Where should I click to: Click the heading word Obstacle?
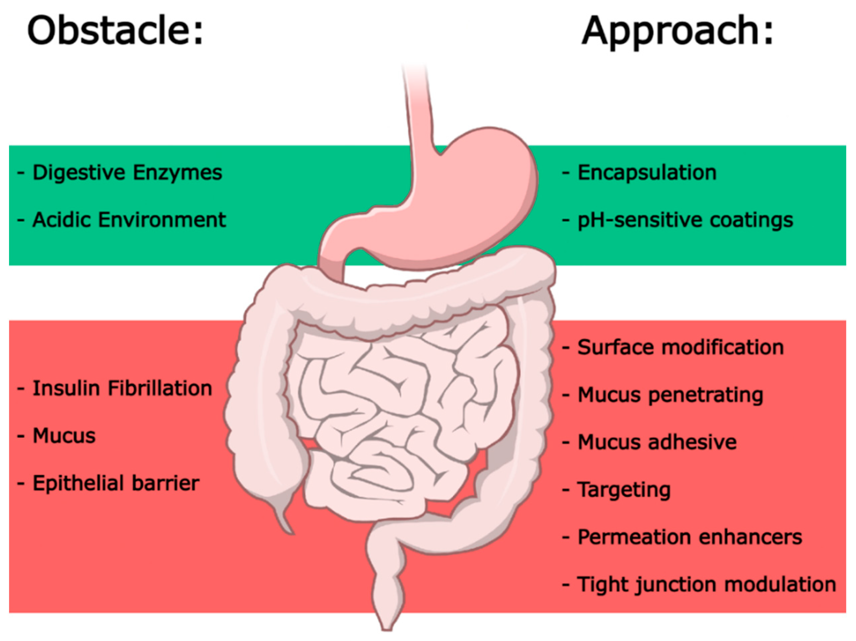[x=115, y=31]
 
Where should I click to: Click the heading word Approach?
[x=677, y=31]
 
